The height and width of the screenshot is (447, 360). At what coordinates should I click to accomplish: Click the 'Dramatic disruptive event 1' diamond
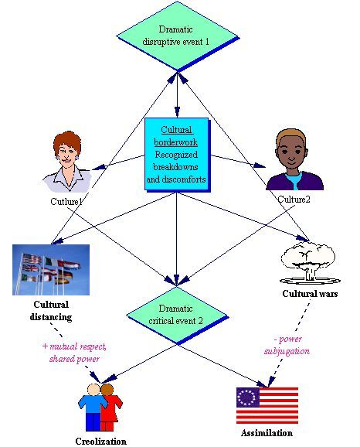click(178, 36)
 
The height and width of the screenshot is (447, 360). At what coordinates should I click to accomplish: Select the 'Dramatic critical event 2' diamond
click(177, 316)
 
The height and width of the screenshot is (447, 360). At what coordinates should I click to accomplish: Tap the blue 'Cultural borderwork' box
click(177, 155)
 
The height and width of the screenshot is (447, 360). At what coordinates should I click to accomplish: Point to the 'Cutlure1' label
click(66, 202)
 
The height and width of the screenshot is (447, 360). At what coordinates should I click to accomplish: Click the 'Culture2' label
click(294, 200)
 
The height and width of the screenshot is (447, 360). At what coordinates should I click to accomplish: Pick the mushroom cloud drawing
click(310, 263)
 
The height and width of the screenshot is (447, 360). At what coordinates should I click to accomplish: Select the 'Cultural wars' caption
click(310, 294)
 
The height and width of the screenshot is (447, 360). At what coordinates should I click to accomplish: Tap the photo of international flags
click(51, 270)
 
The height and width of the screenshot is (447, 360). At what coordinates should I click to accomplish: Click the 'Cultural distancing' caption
click(51, 311)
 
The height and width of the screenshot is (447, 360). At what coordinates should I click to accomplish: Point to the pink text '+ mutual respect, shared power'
click(74, 353)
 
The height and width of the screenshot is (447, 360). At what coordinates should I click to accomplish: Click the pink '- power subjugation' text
click(287, 345)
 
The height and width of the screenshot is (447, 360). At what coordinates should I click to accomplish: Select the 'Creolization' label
click(101, 441)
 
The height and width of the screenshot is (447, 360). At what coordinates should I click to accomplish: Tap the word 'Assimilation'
click(267, 433)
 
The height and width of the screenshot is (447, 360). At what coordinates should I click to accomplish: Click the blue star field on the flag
click(248, 398)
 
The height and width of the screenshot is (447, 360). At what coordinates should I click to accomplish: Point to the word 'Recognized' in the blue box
click(176, 155)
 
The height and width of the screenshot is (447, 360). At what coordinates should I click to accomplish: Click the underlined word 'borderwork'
click(175, 142)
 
